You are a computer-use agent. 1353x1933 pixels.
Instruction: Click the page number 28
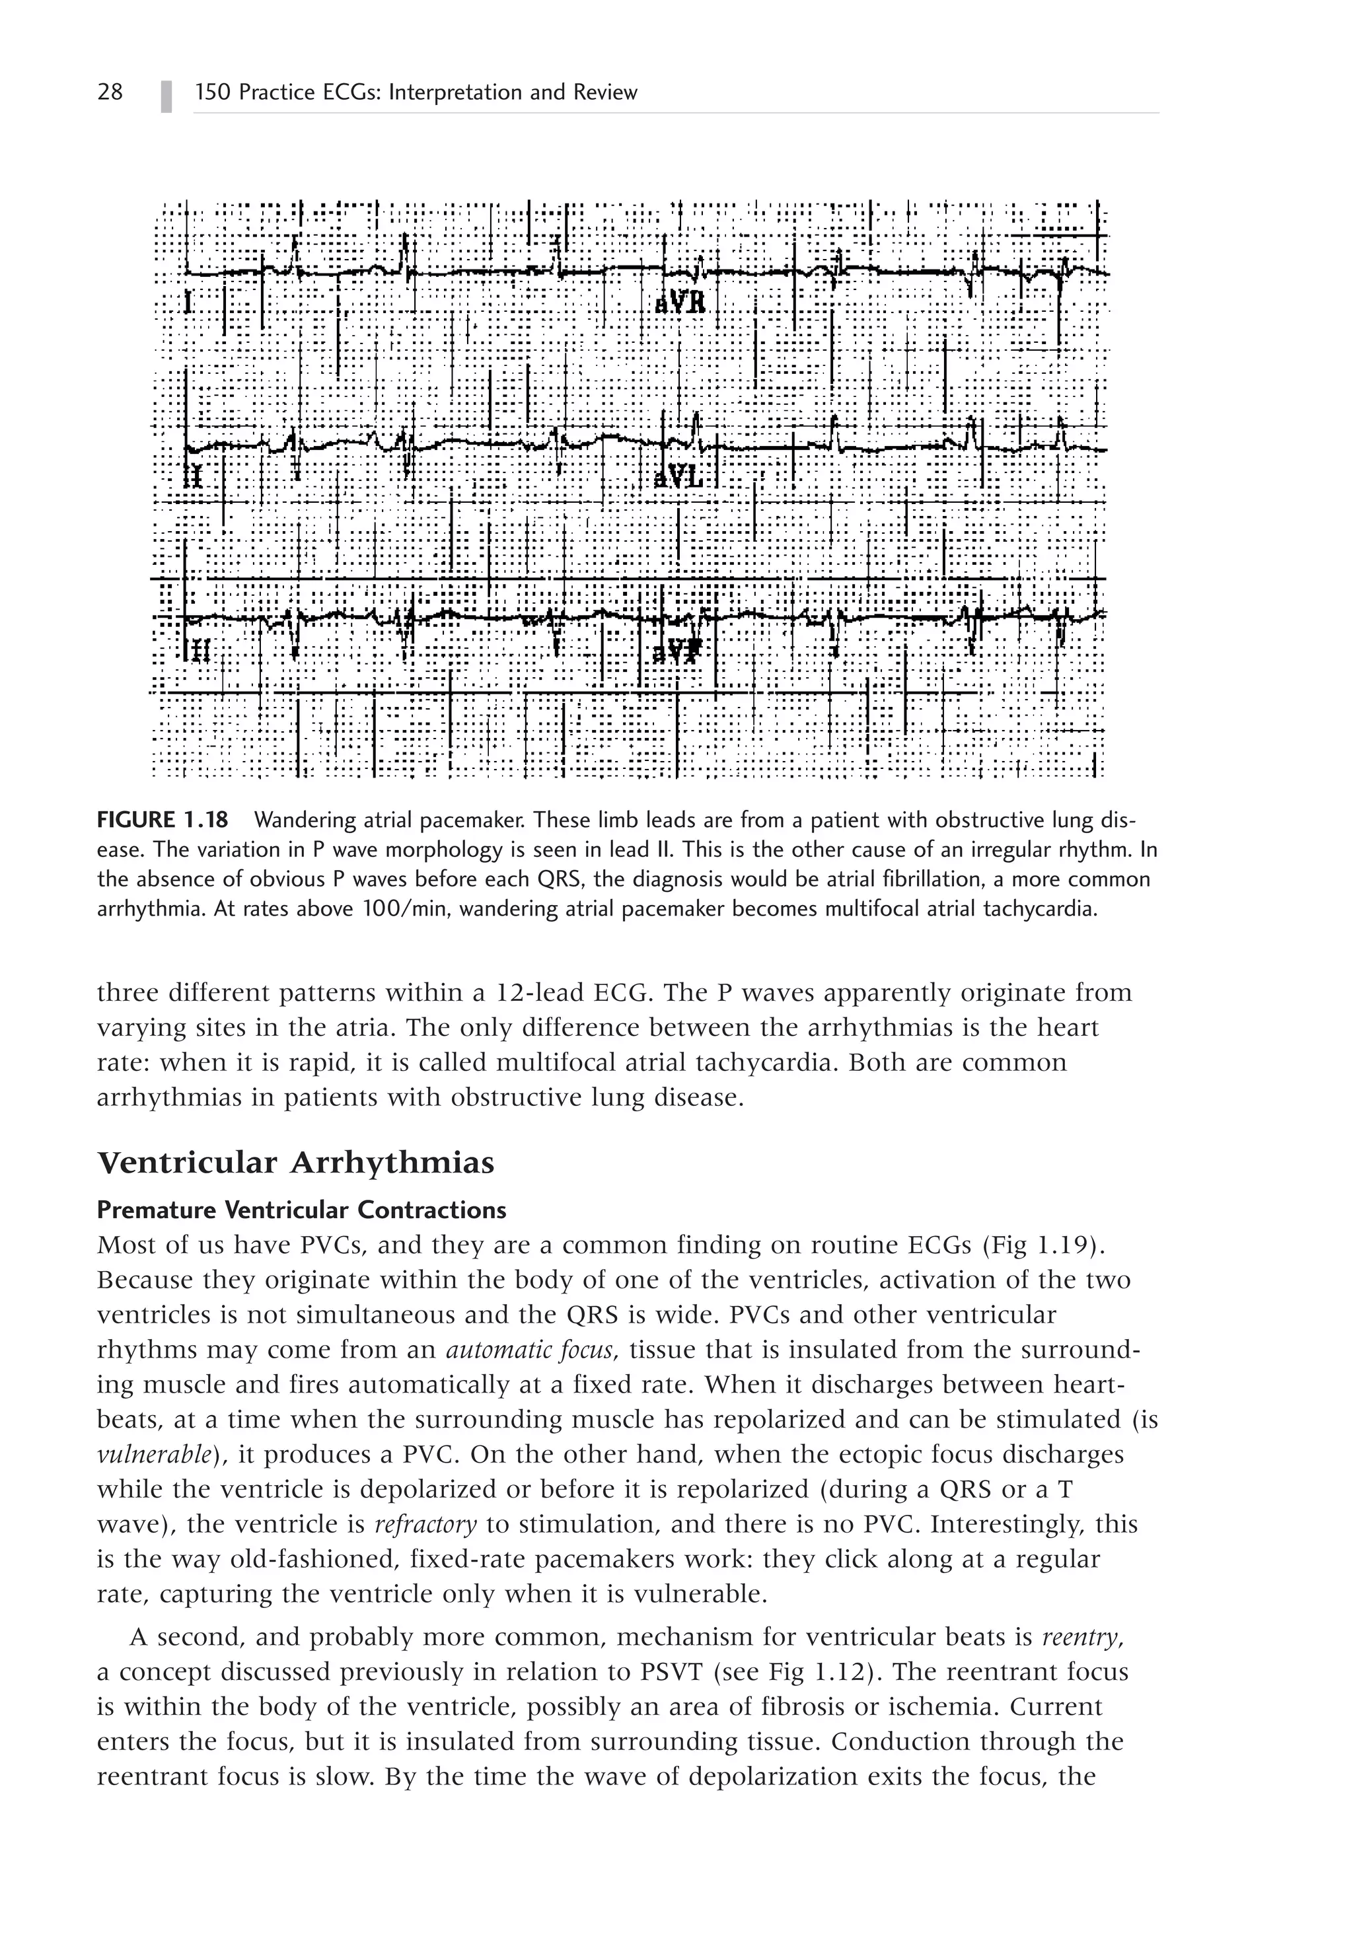(x=110, y=92)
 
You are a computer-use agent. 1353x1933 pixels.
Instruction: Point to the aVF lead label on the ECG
(x=678, y=651)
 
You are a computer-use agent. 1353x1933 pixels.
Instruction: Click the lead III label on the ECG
(x=200, y=650)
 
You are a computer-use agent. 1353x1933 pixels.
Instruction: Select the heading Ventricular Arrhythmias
(x=295, y=1163)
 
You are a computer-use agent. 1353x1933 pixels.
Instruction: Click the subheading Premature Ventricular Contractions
(x=301, y=1210)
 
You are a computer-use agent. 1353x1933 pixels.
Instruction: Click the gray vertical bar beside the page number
(x=166, y=96)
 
